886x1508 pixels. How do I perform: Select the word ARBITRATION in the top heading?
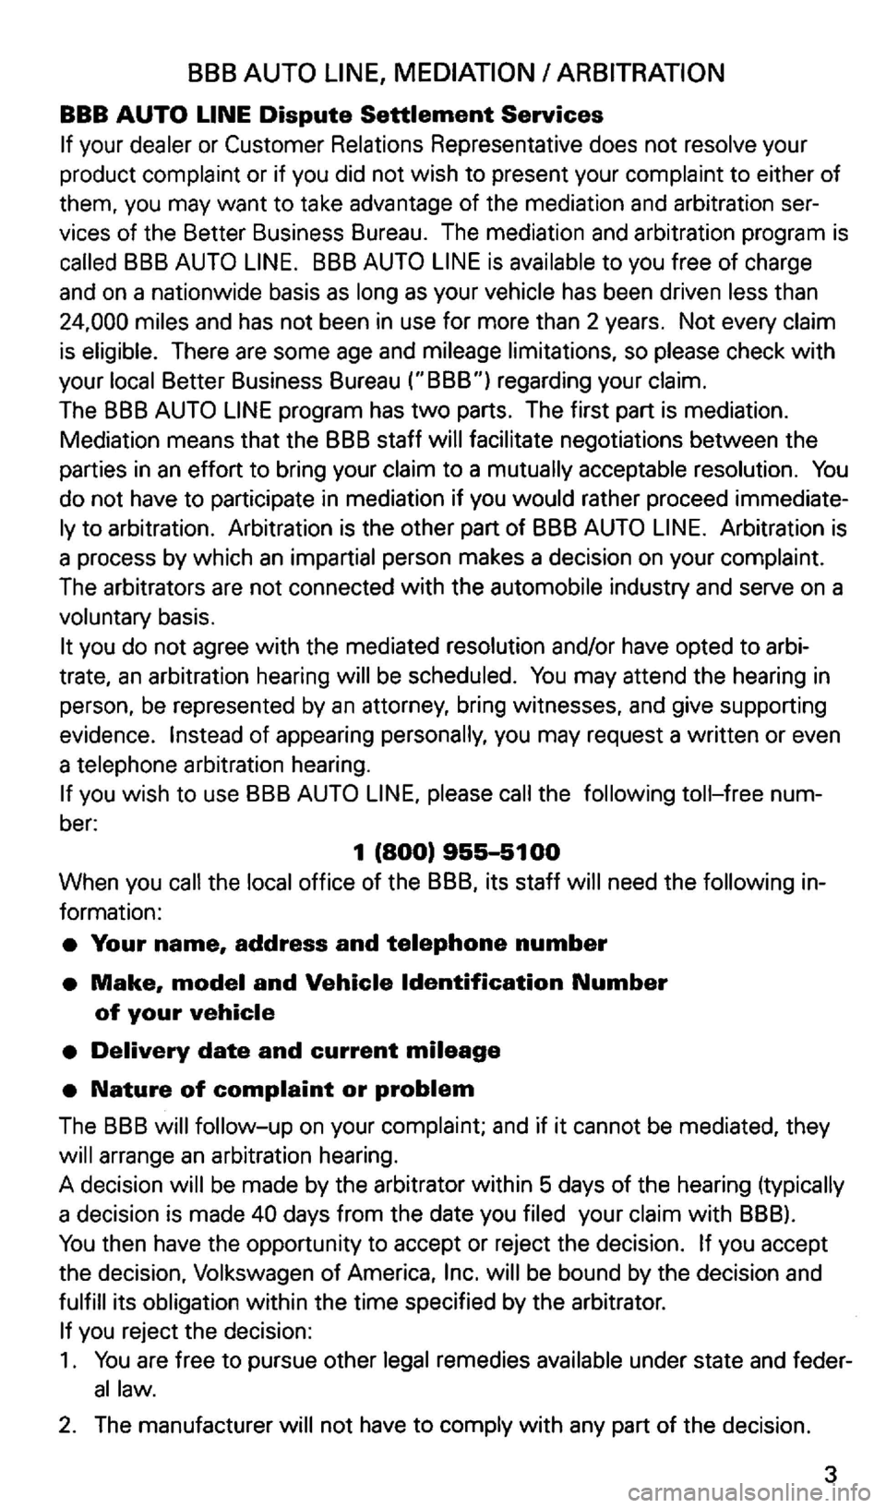click(x=646, y=72)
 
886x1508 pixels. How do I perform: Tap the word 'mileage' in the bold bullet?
click(x=455, y=1051)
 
